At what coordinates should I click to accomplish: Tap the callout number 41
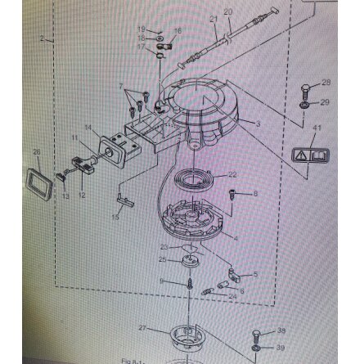(317, 128)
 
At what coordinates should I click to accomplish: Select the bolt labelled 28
(304, 88)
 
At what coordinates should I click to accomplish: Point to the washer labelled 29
(304, 105)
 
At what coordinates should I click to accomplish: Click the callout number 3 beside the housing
(259, 124)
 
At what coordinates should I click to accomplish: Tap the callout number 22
(232, 174)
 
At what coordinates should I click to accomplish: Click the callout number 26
(36, 152)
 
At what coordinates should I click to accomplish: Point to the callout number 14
(88, 128)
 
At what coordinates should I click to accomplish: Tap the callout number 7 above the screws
(120, 86)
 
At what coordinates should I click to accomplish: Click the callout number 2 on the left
(42, 38)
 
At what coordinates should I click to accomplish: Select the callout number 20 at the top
(227, 12)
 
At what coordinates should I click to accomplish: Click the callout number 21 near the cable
(214, 18)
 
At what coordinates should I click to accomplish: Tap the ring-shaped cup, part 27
(187, 335)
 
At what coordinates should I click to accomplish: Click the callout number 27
(143, 328)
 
